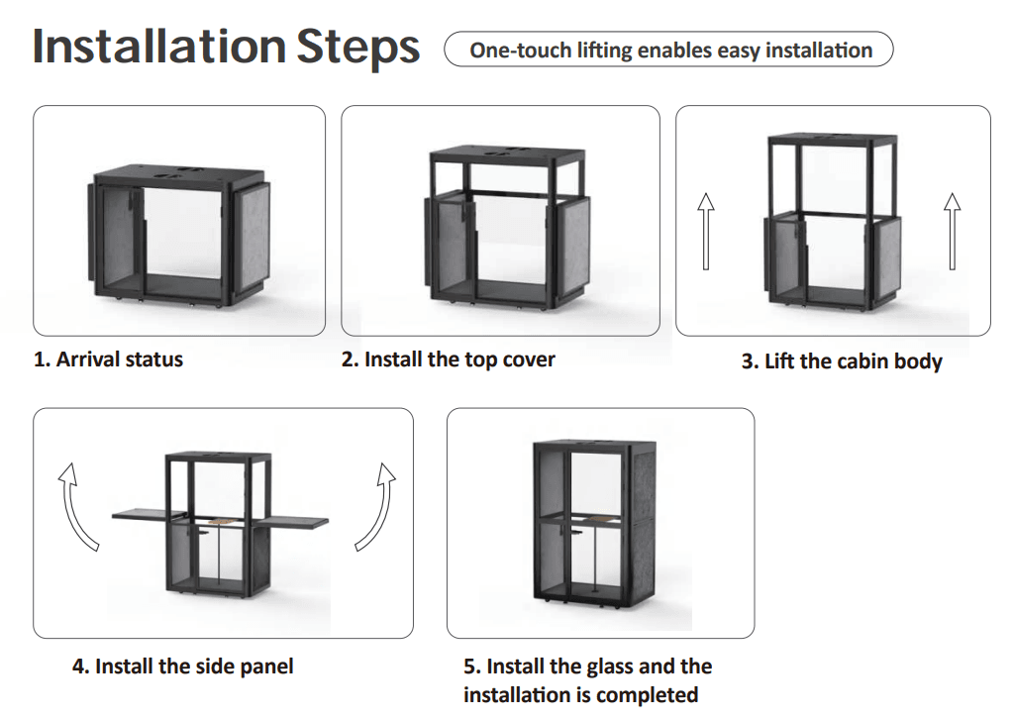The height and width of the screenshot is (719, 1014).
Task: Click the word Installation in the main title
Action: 159,47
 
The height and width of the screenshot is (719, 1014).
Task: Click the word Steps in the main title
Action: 357,49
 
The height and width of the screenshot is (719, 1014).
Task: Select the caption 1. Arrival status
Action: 108,359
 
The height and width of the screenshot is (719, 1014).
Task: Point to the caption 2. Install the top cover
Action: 449,359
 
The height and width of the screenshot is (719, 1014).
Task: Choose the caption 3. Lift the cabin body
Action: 842,360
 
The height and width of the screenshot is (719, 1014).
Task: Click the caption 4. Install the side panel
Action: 182,666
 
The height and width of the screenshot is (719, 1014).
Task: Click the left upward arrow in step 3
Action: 706,231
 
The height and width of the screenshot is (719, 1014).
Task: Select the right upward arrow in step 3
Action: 952,231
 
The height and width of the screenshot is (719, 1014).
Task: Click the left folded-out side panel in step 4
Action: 151,515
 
